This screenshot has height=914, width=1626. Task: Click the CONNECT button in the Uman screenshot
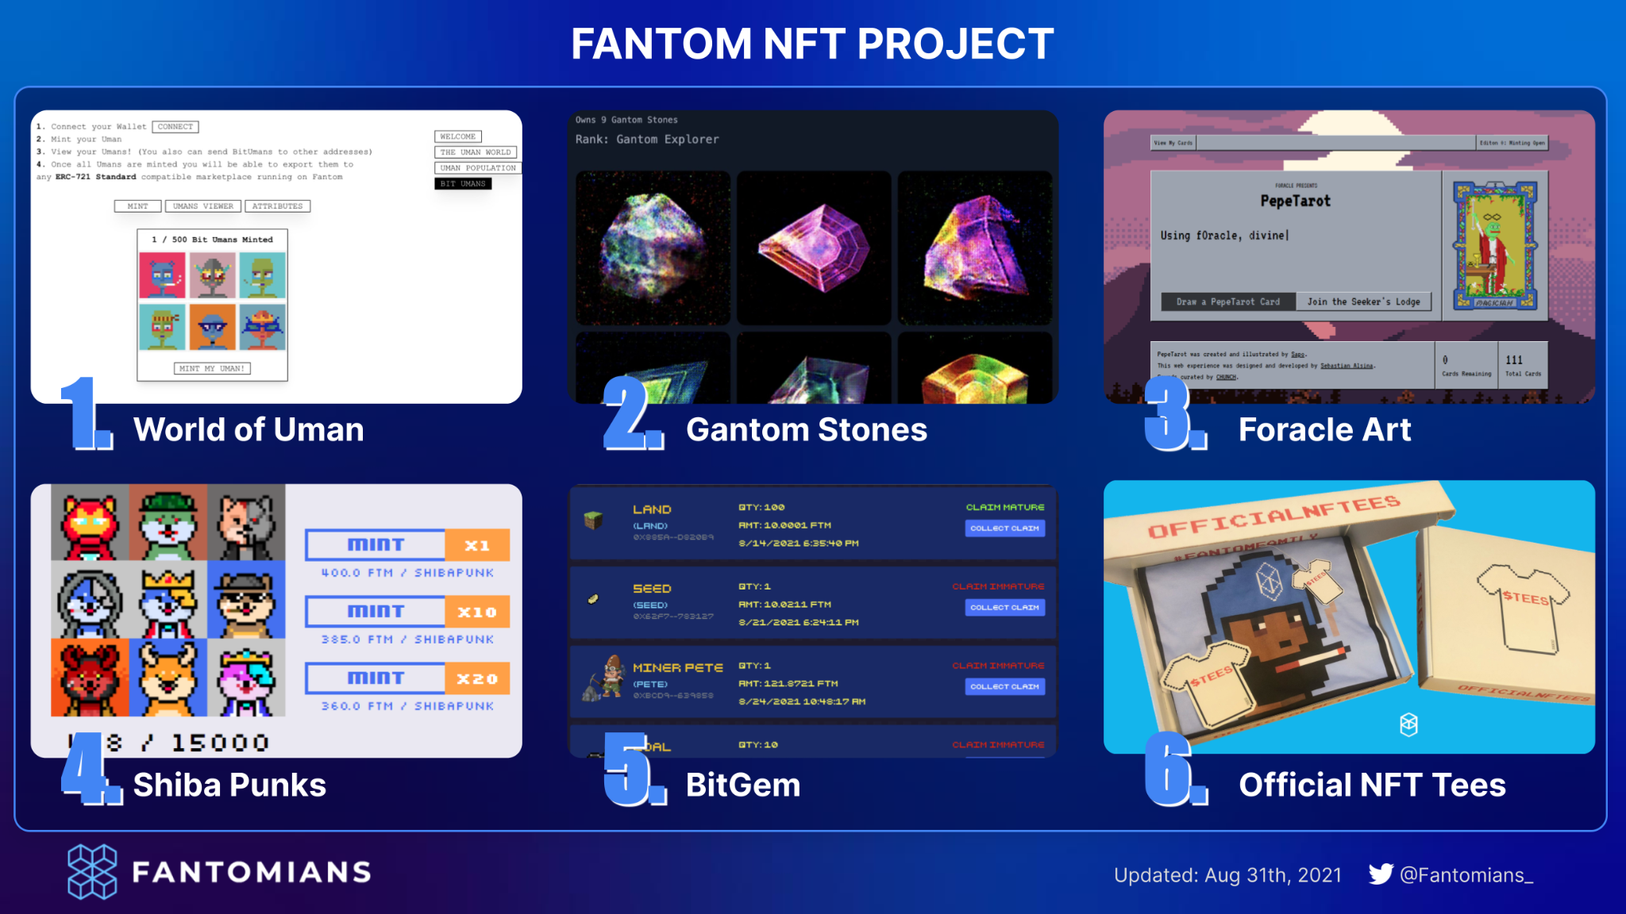175,127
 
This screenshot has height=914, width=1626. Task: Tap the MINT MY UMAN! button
212,368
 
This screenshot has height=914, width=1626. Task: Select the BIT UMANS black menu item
463,183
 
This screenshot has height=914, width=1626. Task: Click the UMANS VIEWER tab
203,206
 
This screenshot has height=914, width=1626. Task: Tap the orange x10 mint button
476,612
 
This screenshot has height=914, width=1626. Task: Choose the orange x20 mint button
476,678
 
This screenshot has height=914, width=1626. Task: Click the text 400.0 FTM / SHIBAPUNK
407,573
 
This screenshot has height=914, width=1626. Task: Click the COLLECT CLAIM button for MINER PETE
1004,686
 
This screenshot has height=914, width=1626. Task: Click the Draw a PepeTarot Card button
1227,301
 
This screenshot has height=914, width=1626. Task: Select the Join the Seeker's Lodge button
1363,301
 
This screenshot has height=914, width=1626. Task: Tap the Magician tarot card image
1494,245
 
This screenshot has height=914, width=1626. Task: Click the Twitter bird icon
1380,874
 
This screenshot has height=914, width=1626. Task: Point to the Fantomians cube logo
92,871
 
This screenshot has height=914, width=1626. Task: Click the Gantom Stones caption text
806,429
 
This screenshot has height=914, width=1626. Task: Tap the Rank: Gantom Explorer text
647,140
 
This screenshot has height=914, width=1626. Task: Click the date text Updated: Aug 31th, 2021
1227,875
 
